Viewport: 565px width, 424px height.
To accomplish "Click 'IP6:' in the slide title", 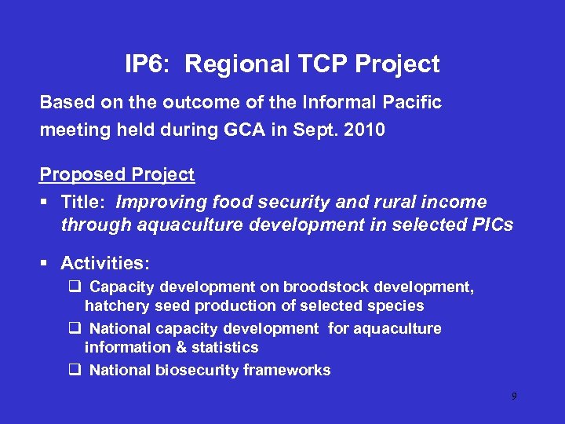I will [x=145, y=64].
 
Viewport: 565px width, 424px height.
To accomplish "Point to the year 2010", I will [x=366, y=130].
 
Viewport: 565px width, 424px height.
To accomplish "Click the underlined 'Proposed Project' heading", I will [x=117, y=174].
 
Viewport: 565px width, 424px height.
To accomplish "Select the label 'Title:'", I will [x=83, y=202].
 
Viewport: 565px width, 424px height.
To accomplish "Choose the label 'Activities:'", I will [x=105, y=262].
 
